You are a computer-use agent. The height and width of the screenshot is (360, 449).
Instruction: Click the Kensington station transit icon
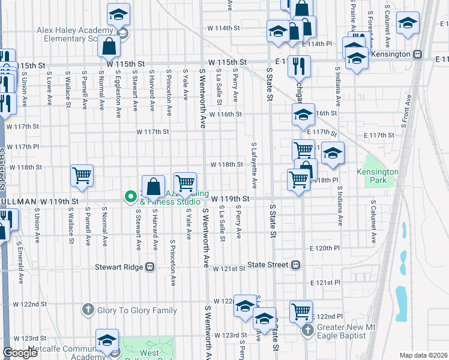[417, 54]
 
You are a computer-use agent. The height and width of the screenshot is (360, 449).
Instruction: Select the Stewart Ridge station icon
[151, 266]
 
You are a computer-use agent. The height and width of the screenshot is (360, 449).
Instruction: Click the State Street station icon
[295, 265]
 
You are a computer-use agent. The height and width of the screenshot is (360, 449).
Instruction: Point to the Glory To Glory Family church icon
[88, 310]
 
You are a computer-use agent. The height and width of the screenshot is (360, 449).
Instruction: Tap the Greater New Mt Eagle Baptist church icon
[308, 329]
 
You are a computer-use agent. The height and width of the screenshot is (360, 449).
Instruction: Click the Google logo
[20, 353]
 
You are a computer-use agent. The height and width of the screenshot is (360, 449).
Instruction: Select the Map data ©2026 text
[423, 355]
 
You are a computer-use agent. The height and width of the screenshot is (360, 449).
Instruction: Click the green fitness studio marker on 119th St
[129, 197]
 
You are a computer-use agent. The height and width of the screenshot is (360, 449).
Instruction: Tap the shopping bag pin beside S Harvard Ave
[154, 186]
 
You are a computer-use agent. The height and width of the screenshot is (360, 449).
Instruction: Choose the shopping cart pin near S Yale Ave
[185, 182]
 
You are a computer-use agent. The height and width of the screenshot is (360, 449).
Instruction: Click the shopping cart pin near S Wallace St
[82, 175]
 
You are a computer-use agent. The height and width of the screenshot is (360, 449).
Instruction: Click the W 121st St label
[224, 266]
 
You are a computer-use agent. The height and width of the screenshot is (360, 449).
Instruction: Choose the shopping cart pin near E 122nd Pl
[301, 311]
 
